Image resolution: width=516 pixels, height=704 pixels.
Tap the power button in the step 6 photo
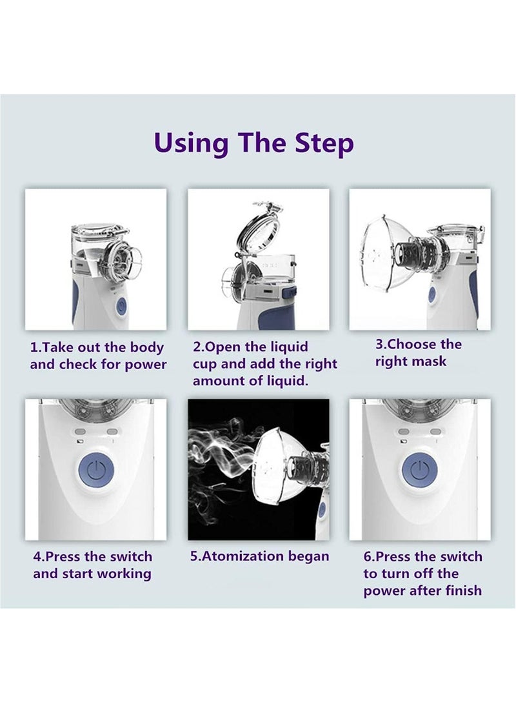point(419,470)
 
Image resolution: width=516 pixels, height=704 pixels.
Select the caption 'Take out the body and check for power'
point(97,356)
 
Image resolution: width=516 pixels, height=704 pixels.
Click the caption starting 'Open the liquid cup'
point(264,364)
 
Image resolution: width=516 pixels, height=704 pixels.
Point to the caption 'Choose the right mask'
point(419,352)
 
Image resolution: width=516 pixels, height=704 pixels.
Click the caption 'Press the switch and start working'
point(93,565)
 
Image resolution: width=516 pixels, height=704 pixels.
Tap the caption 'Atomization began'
point(259,556)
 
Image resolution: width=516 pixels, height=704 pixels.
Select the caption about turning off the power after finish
point(422,573)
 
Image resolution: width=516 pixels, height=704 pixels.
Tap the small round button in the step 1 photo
point(121,308)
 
